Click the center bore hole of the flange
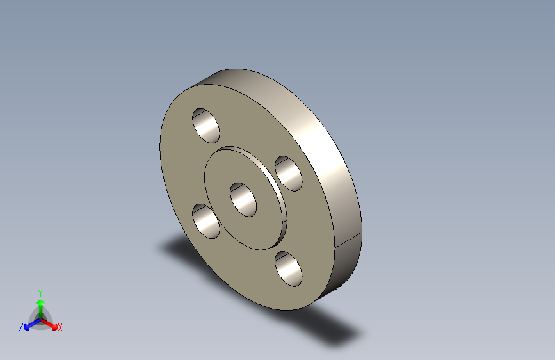pos(243,199)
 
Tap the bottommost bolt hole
pos(289,269)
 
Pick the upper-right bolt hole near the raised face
pos(289,174)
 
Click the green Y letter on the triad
pos(40,292)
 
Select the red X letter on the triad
pos(60,327)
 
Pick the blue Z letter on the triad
pos(21,327)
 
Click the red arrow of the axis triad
pos(51,323)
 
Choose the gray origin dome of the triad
pos(40,318)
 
